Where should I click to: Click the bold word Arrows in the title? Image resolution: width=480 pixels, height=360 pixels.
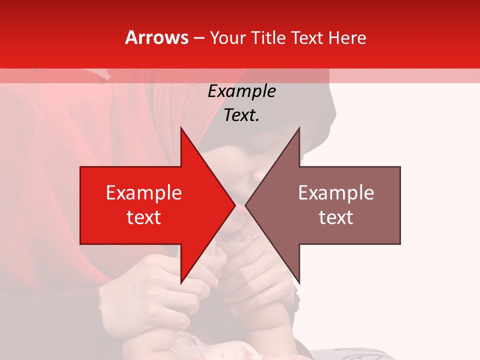pyautogui.click(x=157, y=37)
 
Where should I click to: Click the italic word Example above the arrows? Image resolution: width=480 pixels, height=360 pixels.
pyautogui.click(x=241, y=91)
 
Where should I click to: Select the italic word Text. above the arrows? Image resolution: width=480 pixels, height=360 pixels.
pyautogui.click(x=241, y=115)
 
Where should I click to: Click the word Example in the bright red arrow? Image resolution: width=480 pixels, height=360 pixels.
pyautogui.click(x=144, y=193)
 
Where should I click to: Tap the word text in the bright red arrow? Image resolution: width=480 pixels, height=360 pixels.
pyautogui.click(x=144, y=217)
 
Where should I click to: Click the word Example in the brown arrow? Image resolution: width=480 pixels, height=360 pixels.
pyautogui.click(x=336, y=193)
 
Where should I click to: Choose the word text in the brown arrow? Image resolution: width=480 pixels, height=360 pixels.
pyautogui.click(x=336, y=217)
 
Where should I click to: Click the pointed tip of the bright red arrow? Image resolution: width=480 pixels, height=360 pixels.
pyautogui.click(x=234, y=205)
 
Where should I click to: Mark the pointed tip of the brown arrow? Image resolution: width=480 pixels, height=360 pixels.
pyautogui.click(x=246, y=205)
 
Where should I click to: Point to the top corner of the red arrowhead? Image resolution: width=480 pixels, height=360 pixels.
pyautogui.click(x=181, y=128)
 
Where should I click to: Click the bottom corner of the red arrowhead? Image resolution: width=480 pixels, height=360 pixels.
pyautogui.click(x=181, y=283)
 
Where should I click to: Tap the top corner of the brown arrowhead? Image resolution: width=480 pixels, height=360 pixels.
pyautogui.click(x=299, y=128)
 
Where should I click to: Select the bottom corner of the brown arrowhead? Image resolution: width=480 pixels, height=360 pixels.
pyautogui.click(x=299, y=283)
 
